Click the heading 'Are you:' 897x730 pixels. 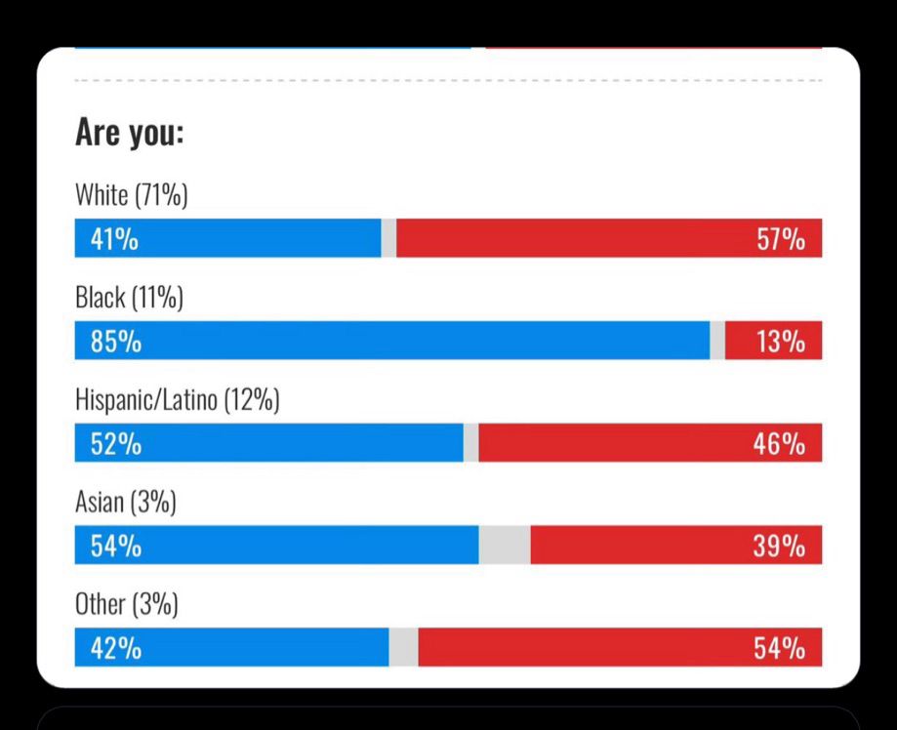pos(129,133)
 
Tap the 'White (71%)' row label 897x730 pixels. pos(131,195)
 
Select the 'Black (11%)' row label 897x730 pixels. pos(129,298)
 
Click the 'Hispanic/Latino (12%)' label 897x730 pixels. pos(177,400)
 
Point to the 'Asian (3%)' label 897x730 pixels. pos(125,503)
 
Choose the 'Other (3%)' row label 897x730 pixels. pos(126,605)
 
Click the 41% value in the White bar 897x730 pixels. pos(115,239)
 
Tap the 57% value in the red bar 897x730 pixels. pos(781,239)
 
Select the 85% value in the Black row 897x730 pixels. pos(115,342)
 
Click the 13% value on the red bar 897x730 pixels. pos(781,342)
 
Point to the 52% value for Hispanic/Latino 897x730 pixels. pos(115,444)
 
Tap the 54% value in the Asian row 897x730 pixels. pos(115,547)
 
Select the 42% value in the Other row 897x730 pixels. pos(115,648)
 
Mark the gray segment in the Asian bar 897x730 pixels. pos(505,546)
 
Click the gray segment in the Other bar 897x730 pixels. pos(403,648)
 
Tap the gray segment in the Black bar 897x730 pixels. pos(717,341)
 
